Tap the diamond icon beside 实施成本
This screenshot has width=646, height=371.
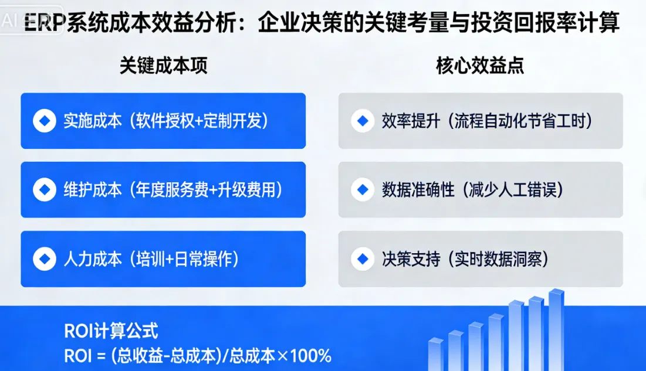click(x=44, y=121)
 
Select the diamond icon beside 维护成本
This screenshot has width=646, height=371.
click(x=44, y=190)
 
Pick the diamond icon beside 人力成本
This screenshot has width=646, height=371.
click(x=44, y=259)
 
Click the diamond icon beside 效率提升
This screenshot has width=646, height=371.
click(x=362, y=121)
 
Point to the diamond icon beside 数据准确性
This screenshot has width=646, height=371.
click(x=362, y=190)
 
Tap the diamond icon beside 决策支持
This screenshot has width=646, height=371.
click(x=362, y=259)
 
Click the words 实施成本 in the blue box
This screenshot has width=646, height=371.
click(x=92, y=121)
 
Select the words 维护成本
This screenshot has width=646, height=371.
click(x=92, y=190)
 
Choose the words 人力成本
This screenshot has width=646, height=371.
click(x=92, y=259)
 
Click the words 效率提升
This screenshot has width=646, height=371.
click(x=410, y=121)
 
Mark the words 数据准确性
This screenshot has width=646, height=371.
click(x=418, y=190)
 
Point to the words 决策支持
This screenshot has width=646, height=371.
click(x=410, y=259)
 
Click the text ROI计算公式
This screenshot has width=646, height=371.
click(x=111, y=331)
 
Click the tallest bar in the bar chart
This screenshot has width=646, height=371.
click(x=556, y=328)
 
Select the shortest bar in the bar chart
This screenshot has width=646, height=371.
click(x=435, y=355)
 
